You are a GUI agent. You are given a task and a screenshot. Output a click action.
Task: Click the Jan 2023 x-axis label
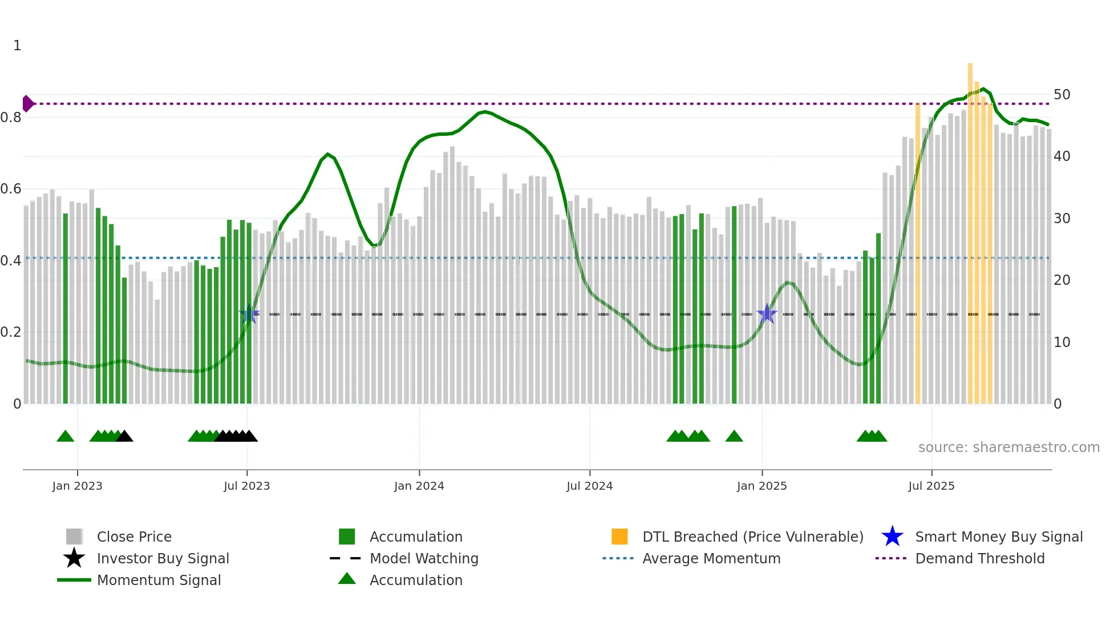tap(77, 486)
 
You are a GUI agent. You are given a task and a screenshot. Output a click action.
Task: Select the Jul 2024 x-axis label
tap(589, 486)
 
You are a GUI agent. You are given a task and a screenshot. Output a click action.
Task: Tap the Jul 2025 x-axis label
tap(931, 486)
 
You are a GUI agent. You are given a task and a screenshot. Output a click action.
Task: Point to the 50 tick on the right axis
tap(1062, 95)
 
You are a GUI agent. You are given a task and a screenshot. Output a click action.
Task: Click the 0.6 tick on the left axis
tap(11, 189)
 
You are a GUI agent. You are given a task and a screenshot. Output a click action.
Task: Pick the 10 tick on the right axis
tap(1062, 342)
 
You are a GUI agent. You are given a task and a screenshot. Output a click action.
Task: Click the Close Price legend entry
tap(134, 537)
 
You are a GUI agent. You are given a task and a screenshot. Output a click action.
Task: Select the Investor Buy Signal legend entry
tap(163, 558)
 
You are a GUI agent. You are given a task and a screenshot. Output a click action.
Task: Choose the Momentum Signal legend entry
tap(159, 580)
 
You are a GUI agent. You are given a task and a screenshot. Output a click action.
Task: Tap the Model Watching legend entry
tap(424, 558)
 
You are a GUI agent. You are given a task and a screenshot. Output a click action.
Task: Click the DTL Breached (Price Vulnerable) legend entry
tap(752, 537)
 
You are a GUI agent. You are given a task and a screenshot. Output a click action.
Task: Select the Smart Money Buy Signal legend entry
tap(998, 537)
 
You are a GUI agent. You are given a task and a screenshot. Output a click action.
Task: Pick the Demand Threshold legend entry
tap(979, 558)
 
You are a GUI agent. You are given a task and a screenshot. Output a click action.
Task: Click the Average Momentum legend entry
tap(711, 558)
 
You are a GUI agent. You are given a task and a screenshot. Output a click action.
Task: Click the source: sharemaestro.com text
tap(1008, 447)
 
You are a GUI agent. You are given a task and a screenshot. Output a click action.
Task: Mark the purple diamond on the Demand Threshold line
tap(27, 104)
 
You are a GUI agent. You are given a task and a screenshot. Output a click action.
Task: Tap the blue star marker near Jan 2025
tap(767, 314)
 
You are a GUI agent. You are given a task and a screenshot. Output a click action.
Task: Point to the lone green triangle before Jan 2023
tap(66, 437)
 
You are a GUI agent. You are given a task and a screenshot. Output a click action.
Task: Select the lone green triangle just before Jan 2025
tap(734, 437)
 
